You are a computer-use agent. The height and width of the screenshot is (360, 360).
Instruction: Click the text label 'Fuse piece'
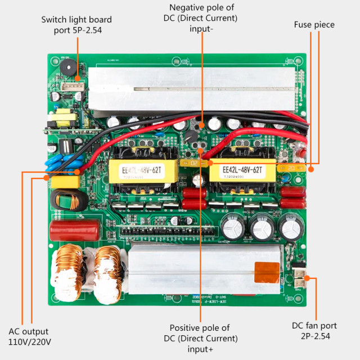click(314, 25)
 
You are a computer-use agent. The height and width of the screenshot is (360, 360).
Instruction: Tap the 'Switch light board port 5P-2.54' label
click(76, 25)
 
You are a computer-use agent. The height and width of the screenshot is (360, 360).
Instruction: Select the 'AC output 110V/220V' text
click(30, 336)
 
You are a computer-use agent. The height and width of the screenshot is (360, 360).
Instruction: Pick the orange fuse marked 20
click(291, 168)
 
